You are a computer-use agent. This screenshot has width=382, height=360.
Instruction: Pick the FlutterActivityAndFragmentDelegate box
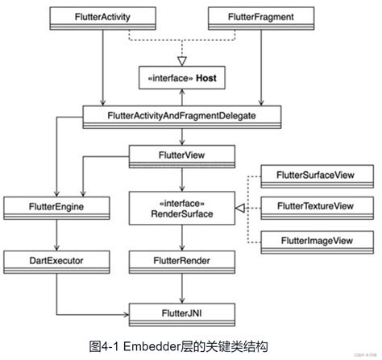[x=182, y=117]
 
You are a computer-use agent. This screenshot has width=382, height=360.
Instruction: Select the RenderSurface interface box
[x=182, y=208]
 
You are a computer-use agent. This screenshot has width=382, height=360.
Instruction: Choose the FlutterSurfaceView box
[x=313, y=175]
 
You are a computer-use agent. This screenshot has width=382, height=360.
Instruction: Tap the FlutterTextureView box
[x=313, y=207]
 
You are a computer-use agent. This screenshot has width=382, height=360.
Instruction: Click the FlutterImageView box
[x=313, y=240]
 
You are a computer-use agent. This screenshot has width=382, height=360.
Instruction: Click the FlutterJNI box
[x=182, y=309]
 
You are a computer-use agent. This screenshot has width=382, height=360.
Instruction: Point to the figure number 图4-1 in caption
[x=106, y=345]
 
